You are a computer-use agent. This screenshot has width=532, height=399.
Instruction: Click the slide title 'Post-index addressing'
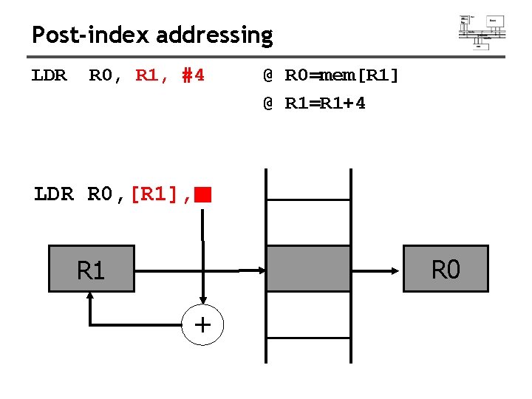152,35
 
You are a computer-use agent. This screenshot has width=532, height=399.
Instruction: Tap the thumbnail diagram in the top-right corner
482,31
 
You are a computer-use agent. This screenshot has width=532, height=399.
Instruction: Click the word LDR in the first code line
50,75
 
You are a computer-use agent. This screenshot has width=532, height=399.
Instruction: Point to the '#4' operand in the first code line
193,75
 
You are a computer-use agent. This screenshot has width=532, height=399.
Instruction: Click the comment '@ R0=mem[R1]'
330,75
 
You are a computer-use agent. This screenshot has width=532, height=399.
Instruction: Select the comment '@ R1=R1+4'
314,103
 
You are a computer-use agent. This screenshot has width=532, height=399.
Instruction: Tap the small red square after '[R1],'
204,195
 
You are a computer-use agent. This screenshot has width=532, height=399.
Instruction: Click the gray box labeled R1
91,269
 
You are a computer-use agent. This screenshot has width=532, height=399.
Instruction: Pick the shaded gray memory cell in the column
308,269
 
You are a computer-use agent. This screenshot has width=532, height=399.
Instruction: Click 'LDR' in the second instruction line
54,195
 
